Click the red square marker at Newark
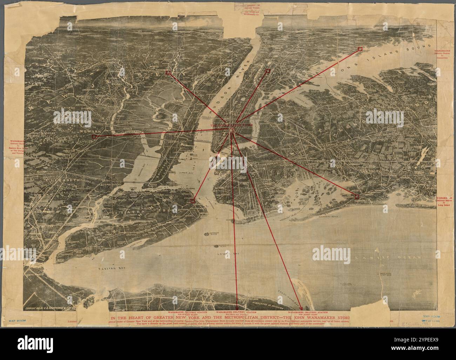pos(93,136)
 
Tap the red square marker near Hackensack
pos(168,73)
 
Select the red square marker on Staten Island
pos(193,201)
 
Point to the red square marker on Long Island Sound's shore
pos(360,49)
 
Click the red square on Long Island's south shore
pos(357,196)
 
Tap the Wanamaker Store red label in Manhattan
pos(228,125)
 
